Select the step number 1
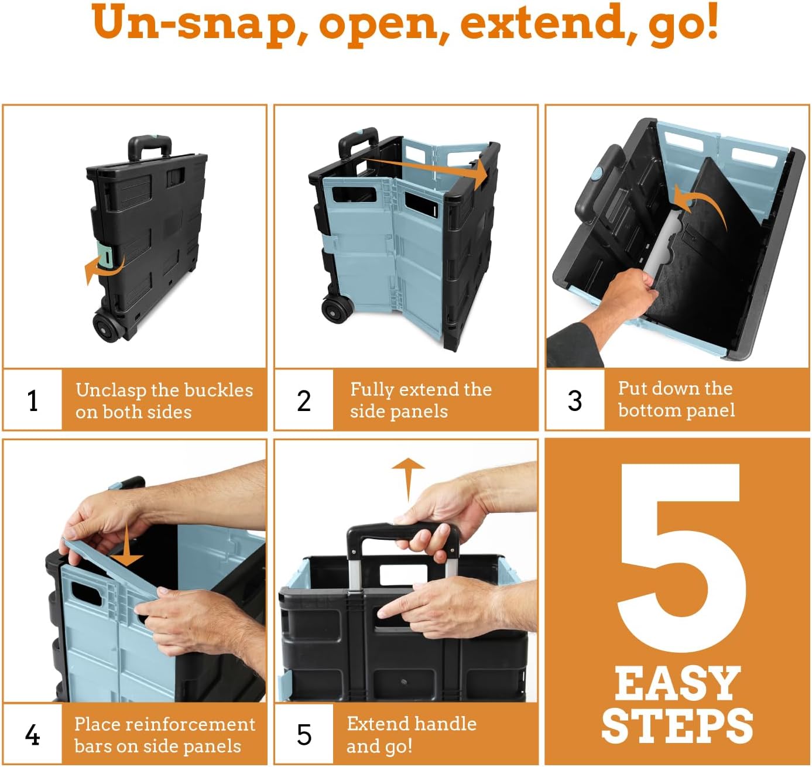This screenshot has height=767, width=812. coord(33,401)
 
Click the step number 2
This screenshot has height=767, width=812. coord(304,401)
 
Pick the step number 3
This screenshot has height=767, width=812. coord(575,401)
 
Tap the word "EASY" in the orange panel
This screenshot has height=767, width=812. coord(677,684)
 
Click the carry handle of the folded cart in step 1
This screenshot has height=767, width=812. coord(149,146)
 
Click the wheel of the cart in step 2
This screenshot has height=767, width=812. coord(337,309)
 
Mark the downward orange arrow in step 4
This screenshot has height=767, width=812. coord(127,547)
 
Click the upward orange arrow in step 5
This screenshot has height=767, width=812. coord(408,477)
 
